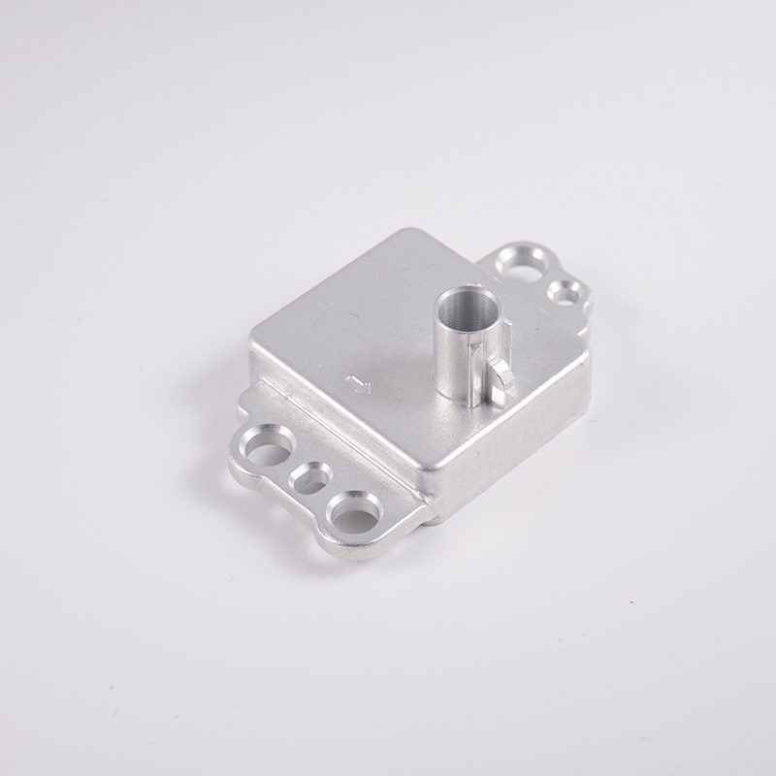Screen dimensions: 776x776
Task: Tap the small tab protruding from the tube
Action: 501,378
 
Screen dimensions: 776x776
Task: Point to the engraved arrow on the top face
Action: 359,385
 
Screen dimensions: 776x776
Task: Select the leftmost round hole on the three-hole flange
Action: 268,447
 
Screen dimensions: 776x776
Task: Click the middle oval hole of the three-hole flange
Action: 310,478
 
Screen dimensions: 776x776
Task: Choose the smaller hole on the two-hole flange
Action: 564,291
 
